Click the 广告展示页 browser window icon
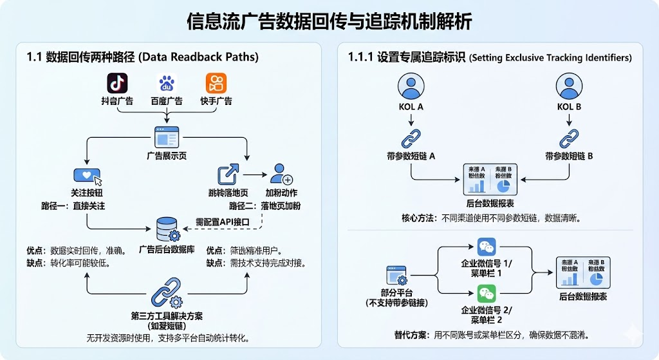[167, 138]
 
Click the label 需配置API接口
[223, 223]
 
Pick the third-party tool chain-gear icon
[167, 295]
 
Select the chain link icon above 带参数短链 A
[410, 138]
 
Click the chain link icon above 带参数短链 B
[569, 138]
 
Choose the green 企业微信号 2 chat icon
[487, 295]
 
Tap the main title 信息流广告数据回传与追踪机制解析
[329, 21]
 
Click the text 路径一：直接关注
[73, 206]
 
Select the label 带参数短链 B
[569, 156]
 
